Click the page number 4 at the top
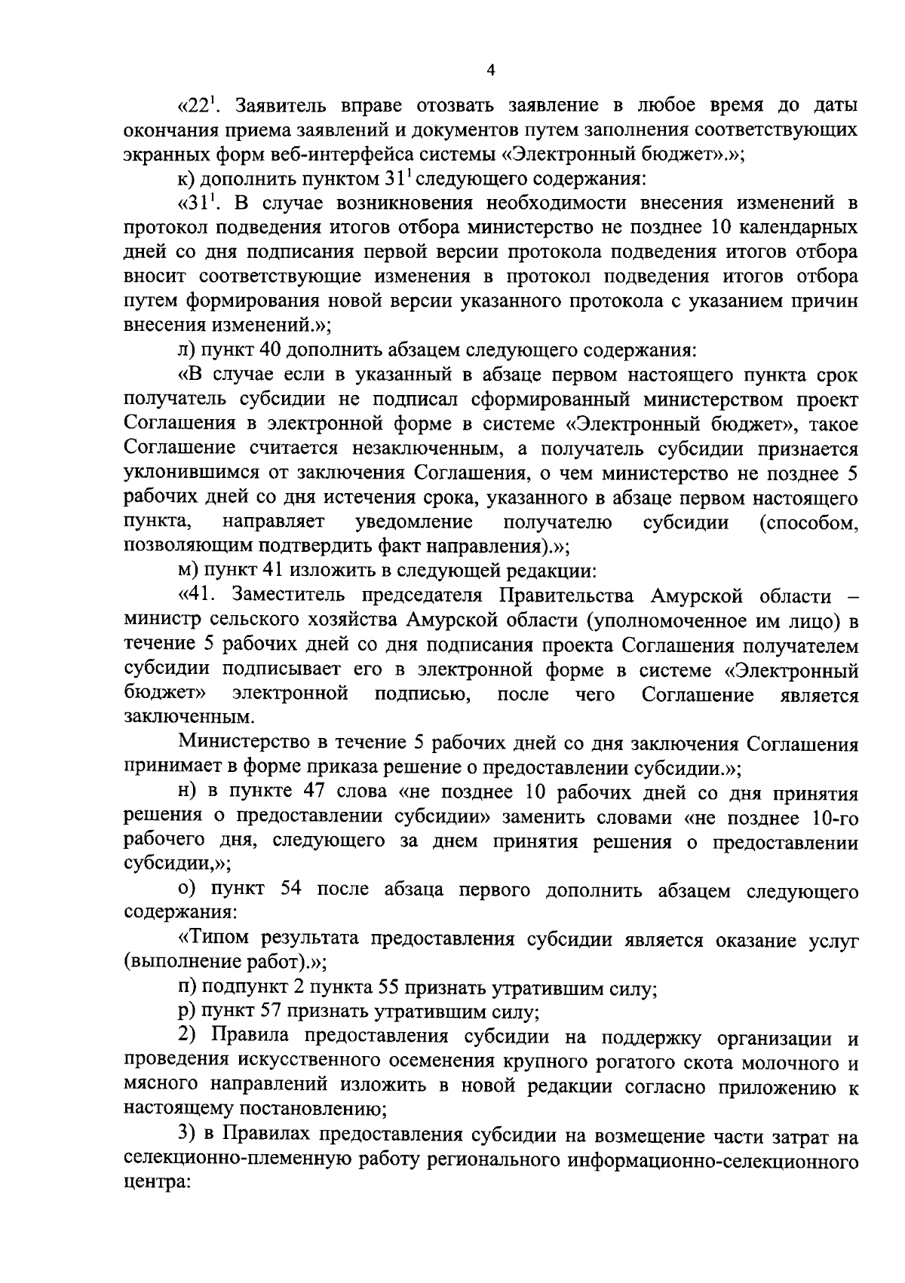tap(491, 71)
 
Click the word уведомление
tap(413, 522)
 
